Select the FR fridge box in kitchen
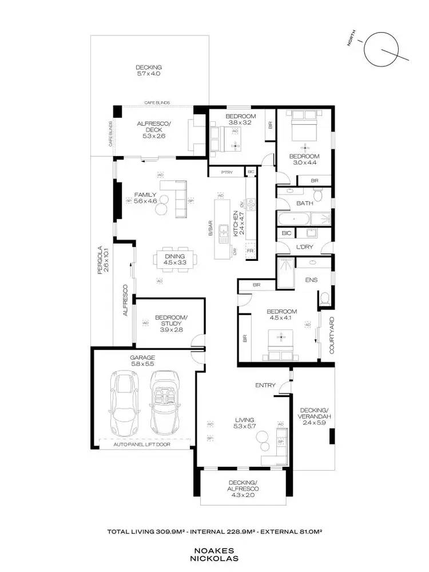249,251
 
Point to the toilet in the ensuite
324,298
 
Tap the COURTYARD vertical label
332,335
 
